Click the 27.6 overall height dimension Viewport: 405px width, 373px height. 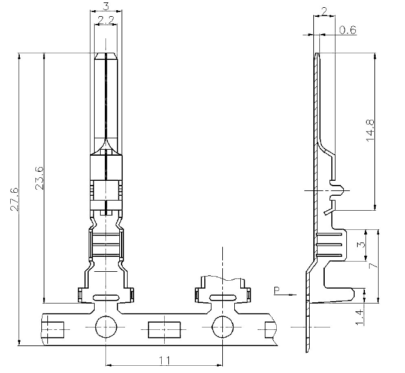15,199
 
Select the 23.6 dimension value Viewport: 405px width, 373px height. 40,178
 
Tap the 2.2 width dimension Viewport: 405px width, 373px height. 106,20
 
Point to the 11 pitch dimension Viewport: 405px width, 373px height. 165,360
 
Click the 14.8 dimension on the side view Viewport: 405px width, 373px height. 370,131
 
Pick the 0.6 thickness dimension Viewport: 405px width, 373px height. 347,30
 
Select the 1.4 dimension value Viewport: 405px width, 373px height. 359,317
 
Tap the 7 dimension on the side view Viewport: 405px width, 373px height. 373,266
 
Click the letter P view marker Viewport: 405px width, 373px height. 277,290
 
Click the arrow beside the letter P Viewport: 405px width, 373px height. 289,295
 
